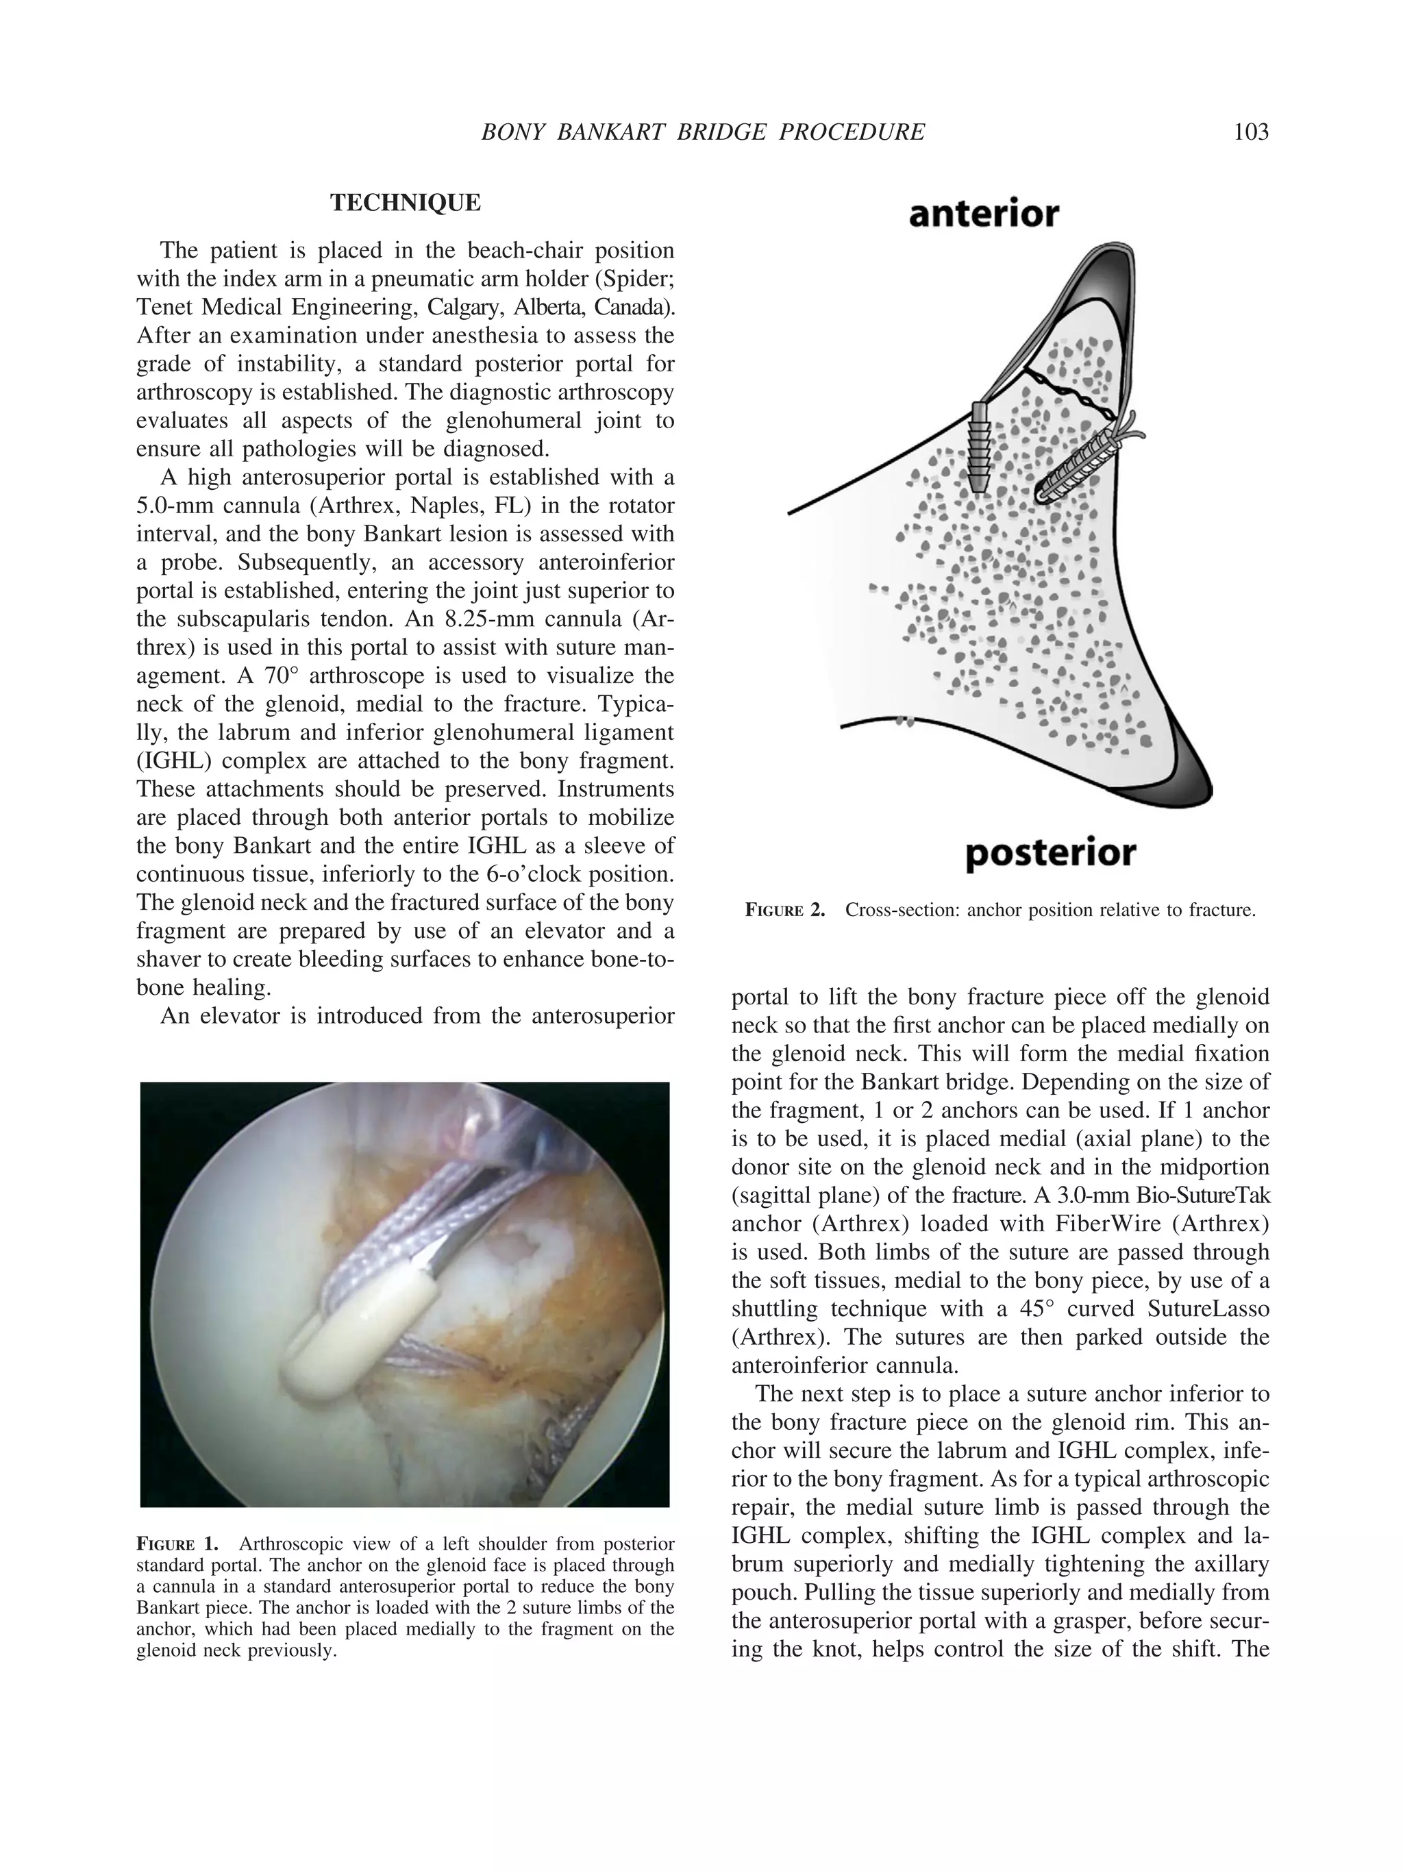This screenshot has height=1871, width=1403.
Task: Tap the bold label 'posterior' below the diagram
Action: [1050, 853]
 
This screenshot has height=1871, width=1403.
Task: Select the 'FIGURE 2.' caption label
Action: [784, 911]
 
